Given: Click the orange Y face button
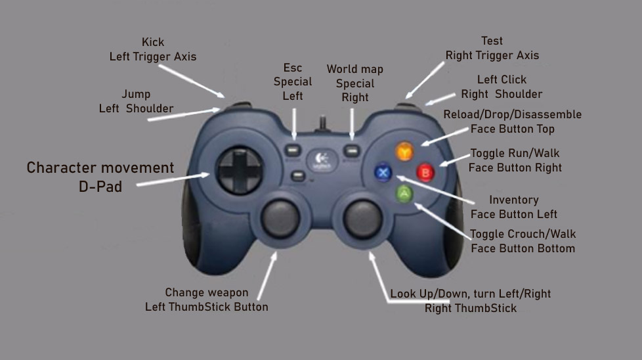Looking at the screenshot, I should (x=403, y=152).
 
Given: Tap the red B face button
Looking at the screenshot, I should (x=425, y=173).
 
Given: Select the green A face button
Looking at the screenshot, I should (x=404, y=194).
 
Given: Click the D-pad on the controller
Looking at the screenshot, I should (x=240, y=170).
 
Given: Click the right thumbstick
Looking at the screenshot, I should (x=362, y=216).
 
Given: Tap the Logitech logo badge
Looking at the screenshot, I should (x=322, y=160).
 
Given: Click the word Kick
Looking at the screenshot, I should (x=153, y=43).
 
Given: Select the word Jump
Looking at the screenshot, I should (x=136, y=95).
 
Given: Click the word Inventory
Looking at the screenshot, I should (x=513, y=200).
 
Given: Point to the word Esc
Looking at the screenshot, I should (x=293, y=68).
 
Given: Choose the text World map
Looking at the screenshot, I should (x=354, y=69).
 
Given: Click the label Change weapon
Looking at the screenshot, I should (x=206, y=292).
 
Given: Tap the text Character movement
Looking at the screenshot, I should (x=100, y=168).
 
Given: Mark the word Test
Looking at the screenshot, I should (x=492, y=41).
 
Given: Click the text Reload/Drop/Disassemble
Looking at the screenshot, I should (x=512, y=114).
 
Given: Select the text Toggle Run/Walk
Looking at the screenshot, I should (x=515, y=154).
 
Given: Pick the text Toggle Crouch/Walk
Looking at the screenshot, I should (x=523, y=234).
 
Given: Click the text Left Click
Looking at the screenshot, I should (x=502, y=79).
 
